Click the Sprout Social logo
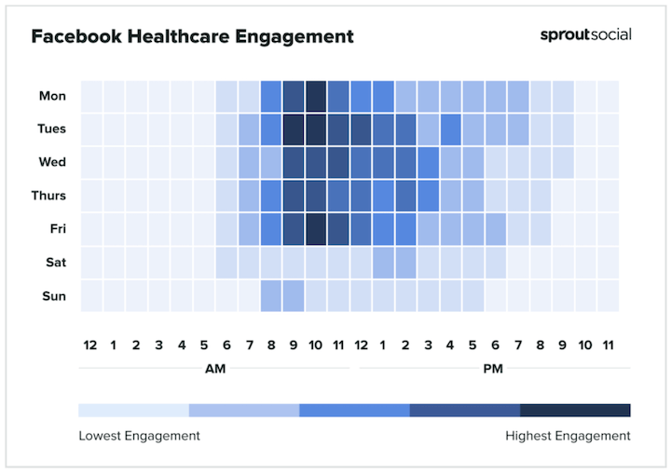click(x=585, y=35)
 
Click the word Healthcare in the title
click(x=179, y=37)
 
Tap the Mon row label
click(x=52, y=96)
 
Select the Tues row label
click(x=51, y=129)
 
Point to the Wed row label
click(x=52, y=162)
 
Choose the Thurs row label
click(x=49, y=196)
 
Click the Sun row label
click(x=54, y=295)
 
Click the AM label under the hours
click(x=214, y=369)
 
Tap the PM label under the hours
click(x=494, y=369)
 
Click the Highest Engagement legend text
click(x=568, y=436)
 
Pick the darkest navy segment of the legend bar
click(x=575, y=410)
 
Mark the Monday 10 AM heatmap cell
click(x=316, y=96)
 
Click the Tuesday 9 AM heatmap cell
click(x=294, y=129)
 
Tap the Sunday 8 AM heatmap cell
click(x=271, y=295)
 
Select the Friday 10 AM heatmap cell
click(x=316, y=229)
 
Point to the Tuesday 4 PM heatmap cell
click(x=451, y=129)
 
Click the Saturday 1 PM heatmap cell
click(x=383, y=262)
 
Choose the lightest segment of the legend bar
click(x=133, y=410)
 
